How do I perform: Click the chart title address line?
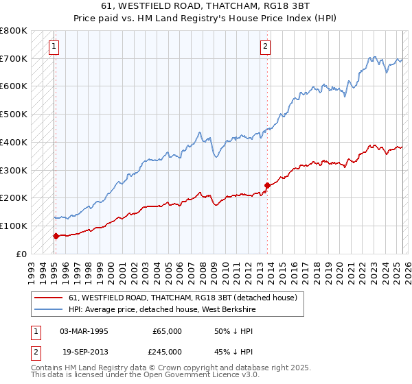(x=205, y=6)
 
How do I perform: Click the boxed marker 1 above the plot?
(x=54, y=47)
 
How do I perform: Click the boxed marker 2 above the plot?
(x=265, y=47)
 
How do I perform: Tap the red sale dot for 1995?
(x=56, y=235)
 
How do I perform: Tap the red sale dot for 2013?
(x=267, y=185)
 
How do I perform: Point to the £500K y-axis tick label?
(x=14, y=115)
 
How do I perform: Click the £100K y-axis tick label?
(x=14, y=226)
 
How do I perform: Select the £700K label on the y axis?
(x=14, y=59)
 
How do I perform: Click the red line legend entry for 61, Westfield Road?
(x=182, y=298)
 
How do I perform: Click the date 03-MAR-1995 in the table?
(x=84, y=331)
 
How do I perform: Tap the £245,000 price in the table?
(x=167, y=351)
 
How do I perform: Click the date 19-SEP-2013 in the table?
(x=84, y=351)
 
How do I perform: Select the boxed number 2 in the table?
(x=35, y=351)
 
